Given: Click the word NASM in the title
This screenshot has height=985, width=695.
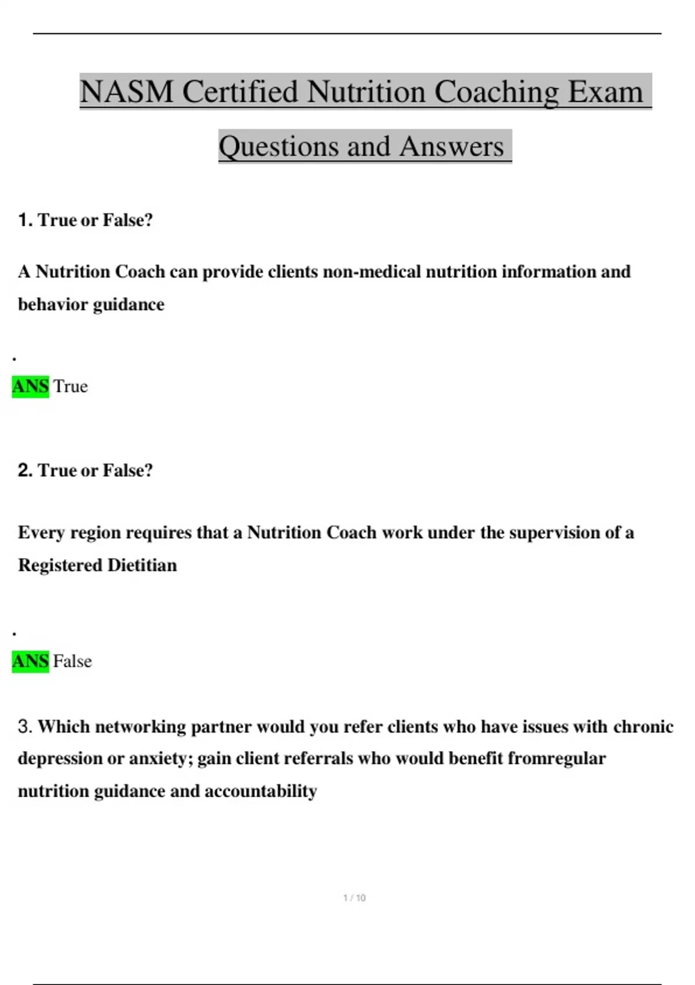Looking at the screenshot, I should (x=126, y=92).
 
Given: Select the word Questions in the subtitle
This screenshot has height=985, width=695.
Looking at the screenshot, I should (x=279, y=146).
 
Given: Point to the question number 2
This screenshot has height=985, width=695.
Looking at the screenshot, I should (x=25, y=470).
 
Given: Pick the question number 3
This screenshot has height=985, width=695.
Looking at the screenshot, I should (x=25, y=727).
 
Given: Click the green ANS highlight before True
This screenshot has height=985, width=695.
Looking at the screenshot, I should (x=30, y=386).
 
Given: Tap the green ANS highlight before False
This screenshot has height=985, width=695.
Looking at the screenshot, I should (x=30, y=661).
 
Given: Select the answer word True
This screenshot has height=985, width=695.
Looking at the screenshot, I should (x=71, y=386).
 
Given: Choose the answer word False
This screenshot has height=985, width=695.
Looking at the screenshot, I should (x=72, y=661).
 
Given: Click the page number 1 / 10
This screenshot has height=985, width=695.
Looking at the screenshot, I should (x=354, y=898).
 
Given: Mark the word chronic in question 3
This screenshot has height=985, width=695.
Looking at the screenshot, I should (x=643, y=727).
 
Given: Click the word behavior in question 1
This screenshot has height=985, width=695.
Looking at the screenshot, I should (x=53, y=304).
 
